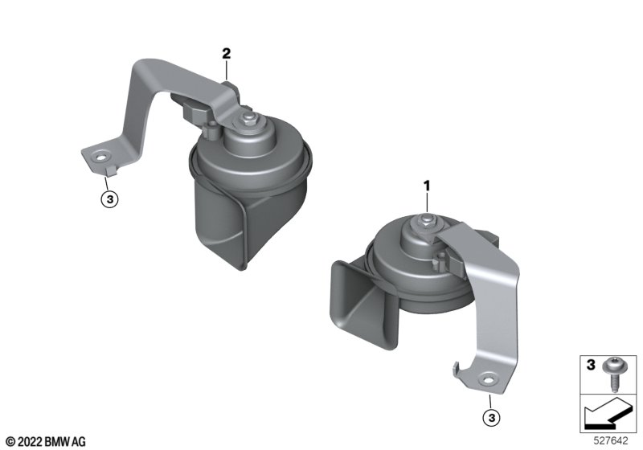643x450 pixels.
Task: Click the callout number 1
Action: click(x=427, y=186)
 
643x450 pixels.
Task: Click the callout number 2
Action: click(x=227, y=54)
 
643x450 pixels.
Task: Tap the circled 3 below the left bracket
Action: click(x=109, y=199)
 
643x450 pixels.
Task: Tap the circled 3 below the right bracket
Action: click(x=492, y=418)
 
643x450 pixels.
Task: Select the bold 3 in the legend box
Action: click(x=591, y=364)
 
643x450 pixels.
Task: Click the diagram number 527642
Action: click(x=611, y=441)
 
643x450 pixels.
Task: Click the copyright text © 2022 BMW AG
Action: click(x=46, y=442)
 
